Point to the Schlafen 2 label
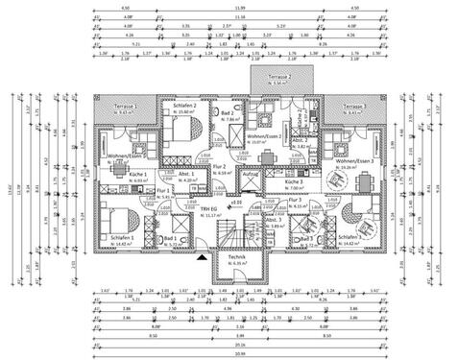pyautogui.click(x=184, y=104)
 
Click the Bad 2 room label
pyautogui.click(x=227, y=112)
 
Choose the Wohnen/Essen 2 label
pyautogui.click(x=264, y=136)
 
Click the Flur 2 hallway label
pyautogui.click(x=220, y=167)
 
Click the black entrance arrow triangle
pyautogui.click(x=201, y=256)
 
